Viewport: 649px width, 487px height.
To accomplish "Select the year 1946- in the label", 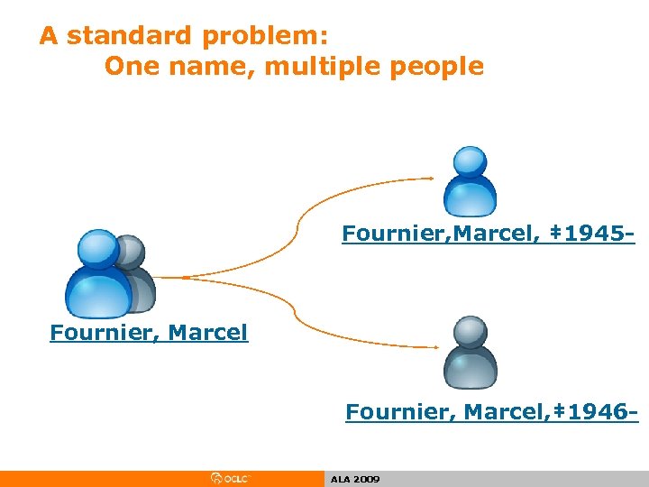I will click(x=601, y=412).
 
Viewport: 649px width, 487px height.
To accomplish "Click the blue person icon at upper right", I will click(x=470, y=179).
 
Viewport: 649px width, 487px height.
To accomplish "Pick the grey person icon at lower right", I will click(x=470, y=352).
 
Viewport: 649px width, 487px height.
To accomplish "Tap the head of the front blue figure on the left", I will click(x=97, y=250).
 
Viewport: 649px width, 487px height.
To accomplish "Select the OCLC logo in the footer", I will click(x=231, y=479).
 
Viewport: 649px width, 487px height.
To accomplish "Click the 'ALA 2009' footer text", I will click(x=355, y=479).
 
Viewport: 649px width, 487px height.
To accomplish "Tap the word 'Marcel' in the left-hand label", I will click(x=208, y=333).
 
